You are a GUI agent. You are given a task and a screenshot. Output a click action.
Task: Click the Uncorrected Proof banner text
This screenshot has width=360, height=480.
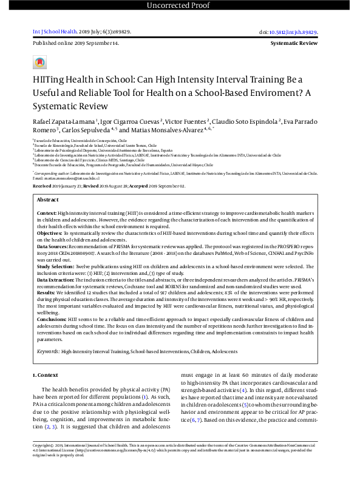(x=180, y=5)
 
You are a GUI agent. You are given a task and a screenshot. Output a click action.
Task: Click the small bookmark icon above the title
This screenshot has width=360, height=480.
(x=40, y=63)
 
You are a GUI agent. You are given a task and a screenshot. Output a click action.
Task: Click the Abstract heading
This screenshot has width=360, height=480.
(x=48, y=200)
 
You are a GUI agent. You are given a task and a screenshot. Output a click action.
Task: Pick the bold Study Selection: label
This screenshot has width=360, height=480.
(x=57, y=265)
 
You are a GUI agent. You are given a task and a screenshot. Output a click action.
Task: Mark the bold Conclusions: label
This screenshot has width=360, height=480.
(x=52, y=319)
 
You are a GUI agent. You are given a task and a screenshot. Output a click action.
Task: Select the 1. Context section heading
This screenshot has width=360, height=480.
(x=46, y=376)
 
